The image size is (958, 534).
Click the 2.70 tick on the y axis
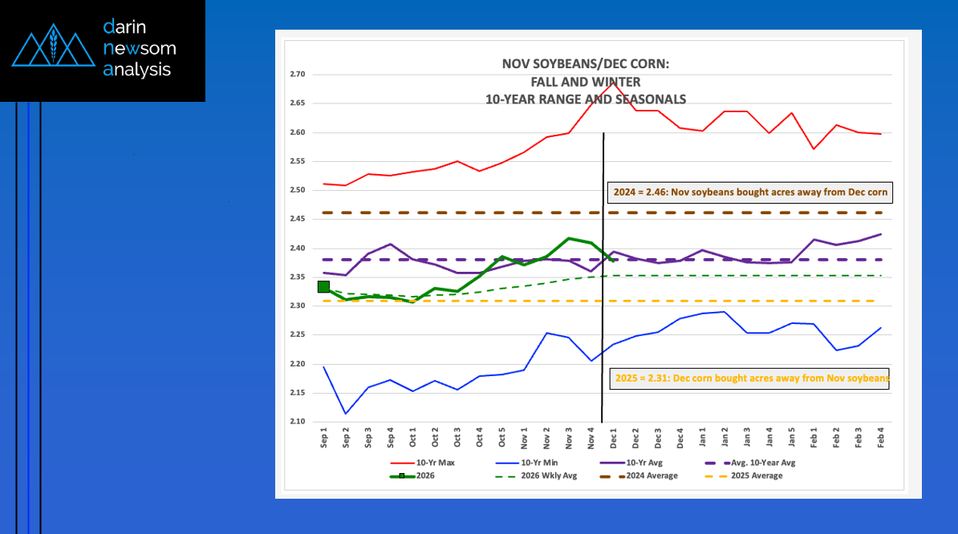click(297, 75)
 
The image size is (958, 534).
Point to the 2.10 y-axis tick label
click(297, 422)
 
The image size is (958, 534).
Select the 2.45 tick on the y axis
click(297, 219)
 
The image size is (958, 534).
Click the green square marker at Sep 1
click(323, 286)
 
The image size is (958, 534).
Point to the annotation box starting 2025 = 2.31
click(750, 378)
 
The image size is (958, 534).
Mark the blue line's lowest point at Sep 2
click(346, 414)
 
